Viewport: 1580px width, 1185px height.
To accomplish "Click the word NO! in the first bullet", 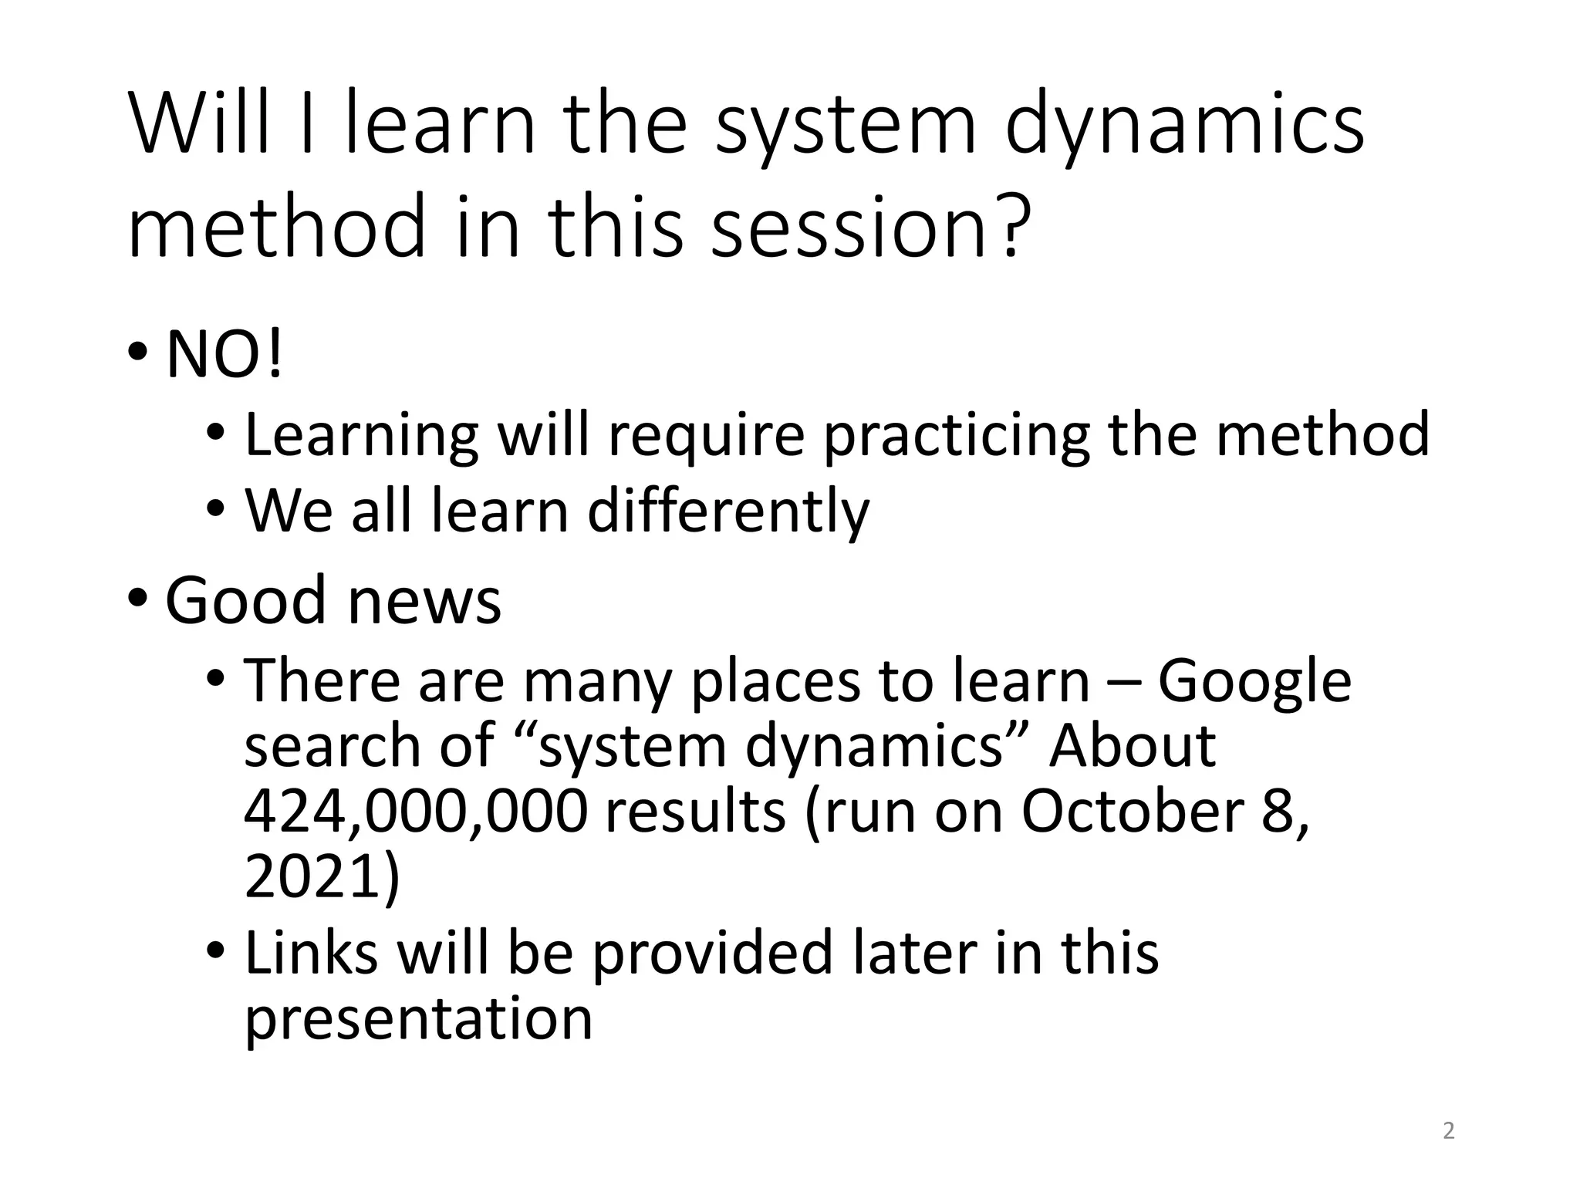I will tap(225, 356).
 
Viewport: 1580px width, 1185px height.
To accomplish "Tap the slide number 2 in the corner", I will tap(1448, 1131).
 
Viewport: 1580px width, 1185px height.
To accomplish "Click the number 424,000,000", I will tap(416, 812).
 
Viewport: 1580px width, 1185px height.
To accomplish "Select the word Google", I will tap(1254, 682).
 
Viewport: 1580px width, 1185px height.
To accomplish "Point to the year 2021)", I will tap(322, 877).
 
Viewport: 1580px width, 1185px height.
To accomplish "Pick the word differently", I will tap(728, 512).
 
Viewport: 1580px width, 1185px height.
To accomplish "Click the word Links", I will tap(311, 953).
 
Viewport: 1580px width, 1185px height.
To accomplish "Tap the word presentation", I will tap(418, 1019).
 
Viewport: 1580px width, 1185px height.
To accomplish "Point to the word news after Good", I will tap(424, 601).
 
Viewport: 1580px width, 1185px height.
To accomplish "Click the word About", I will tap(1132, 747).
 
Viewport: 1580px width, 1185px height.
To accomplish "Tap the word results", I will tap(695, 812).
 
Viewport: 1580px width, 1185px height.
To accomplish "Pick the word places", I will tap(775, 682).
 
